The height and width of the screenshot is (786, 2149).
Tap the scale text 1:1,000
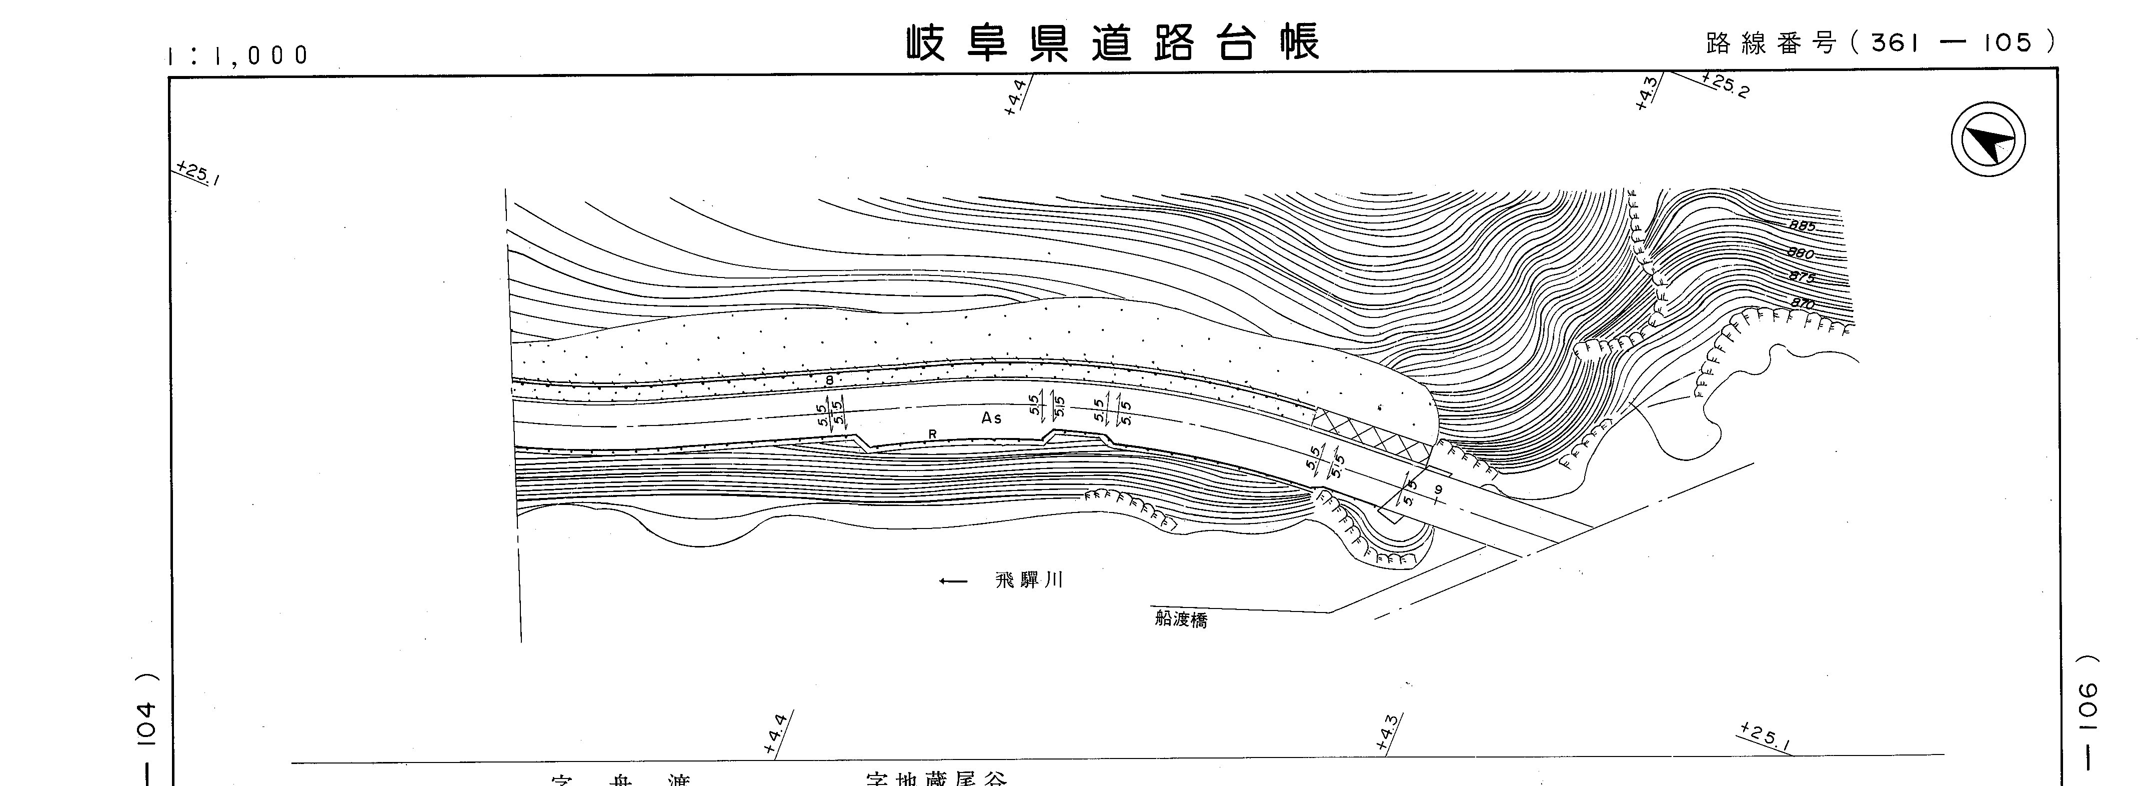(x=238, y=55)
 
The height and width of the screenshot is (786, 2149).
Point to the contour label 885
(x=1802, y=225)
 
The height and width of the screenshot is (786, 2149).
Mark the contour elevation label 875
(x=1802, y=278)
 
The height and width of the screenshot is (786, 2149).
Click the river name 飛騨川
(x=1029, y=580)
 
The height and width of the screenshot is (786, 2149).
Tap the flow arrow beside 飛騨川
(x=953, y=580)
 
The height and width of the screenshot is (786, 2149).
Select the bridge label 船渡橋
(x=1180, y=619)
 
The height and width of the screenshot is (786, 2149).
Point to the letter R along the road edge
(x=933, y=434)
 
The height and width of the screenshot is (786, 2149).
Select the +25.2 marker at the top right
(x=1725, y=85)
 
